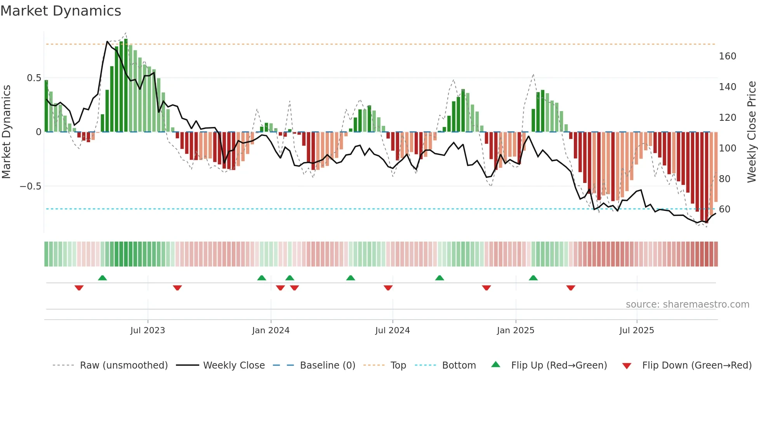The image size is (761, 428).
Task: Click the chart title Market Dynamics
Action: click(x=61, y=11)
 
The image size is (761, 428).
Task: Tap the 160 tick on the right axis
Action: click(x=727, y=56)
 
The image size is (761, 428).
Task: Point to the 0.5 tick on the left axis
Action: click(x=34, y=78)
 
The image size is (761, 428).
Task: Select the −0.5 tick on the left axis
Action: click(x=30, y=186)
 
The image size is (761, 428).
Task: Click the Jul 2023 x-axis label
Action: click(x=148, y=331)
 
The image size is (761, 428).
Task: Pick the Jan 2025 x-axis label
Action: click(x=516, y=331)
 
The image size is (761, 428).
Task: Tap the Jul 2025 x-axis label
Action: click(x=637, y=331)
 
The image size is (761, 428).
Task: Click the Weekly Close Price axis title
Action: click(x=752, y=132)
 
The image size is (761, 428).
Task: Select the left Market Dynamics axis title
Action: click(x=6, y=132)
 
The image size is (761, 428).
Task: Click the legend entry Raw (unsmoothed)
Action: click(x=123, y=365)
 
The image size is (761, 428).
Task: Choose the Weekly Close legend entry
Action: click(x=234, y=365)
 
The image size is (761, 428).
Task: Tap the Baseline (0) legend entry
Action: click(x=327, y=365)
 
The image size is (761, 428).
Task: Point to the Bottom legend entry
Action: click(x=459, y=365)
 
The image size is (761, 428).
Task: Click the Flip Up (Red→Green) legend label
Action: click(x=559, y=365)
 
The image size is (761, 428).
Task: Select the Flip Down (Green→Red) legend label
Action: click(x=697, y=365)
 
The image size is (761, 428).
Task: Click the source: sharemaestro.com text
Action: click(x=687, y=304)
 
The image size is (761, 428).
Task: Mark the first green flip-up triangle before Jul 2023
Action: click(x=103, y=278)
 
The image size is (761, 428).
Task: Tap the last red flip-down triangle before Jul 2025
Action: click(x=571, y=288)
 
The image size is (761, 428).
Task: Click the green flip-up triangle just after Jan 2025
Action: click(x=533, y=278)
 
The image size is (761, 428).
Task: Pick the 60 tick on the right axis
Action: click(x=725, y=209)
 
